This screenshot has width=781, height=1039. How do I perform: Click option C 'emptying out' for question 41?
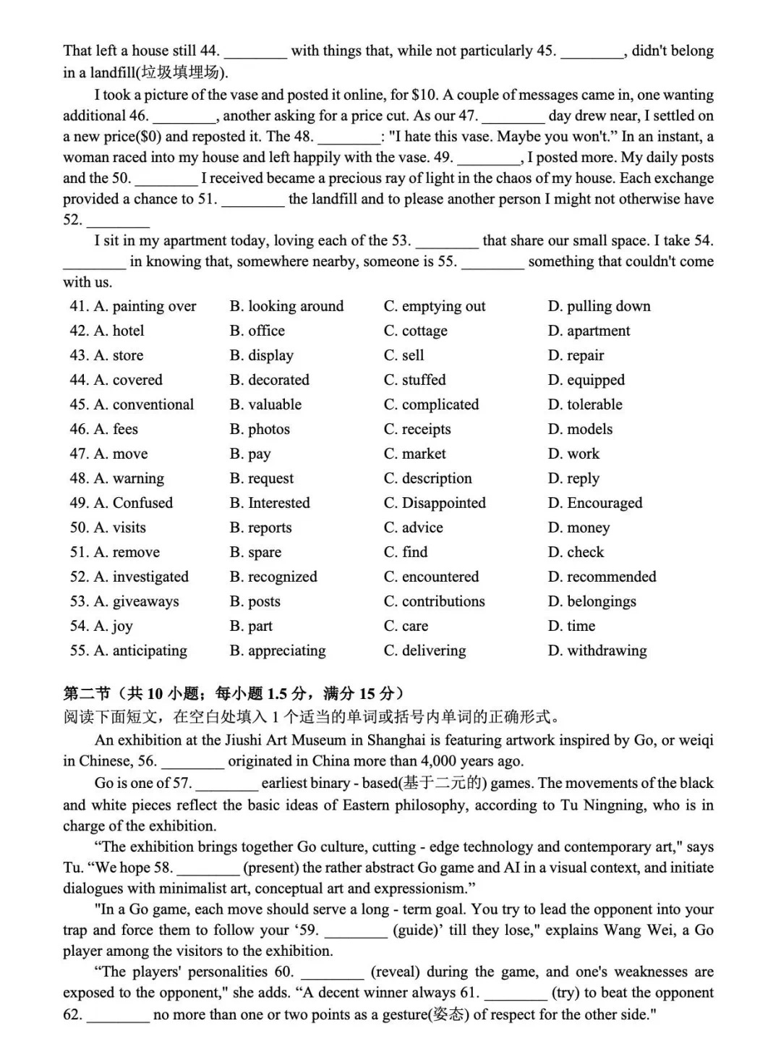click(435, 307)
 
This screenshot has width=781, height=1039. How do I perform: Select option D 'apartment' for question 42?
click(589, 331)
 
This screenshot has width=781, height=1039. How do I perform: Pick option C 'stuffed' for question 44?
click(415, 381)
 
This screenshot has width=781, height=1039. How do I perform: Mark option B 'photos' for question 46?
click(260, 430)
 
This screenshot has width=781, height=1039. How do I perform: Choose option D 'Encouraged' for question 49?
click(595, 504)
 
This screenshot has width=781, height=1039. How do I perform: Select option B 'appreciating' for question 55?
click(278, 651)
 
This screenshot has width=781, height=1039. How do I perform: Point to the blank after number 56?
click(192, 762)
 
